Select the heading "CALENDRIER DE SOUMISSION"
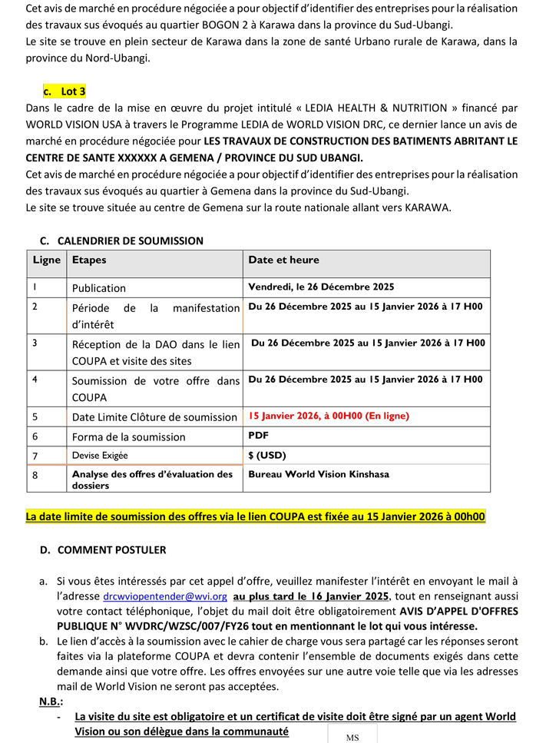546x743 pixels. (131, 240)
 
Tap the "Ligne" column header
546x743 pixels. (46, 260)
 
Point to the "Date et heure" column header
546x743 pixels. (283, 260)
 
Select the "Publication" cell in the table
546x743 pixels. (99, 288)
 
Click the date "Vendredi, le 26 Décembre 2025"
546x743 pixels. (321, 287)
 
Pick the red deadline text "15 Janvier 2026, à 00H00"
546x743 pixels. (328, 416)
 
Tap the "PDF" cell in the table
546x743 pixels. (258, 435)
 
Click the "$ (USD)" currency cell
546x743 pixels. (266, 455)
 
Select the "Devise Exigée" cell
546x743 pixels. (100, 456)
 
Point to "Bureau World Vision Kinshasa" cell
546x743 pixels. (318, 474)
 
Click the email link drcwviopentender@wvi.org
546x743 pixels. (165, 596)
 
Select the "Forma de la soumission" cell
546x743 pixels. (128, 436)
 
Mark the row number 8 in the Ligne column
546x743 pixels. (35, 476)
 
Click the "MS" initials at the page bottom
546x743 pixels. (352, 737)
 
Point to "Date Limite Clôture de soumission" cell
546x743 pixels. (154, 417)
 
